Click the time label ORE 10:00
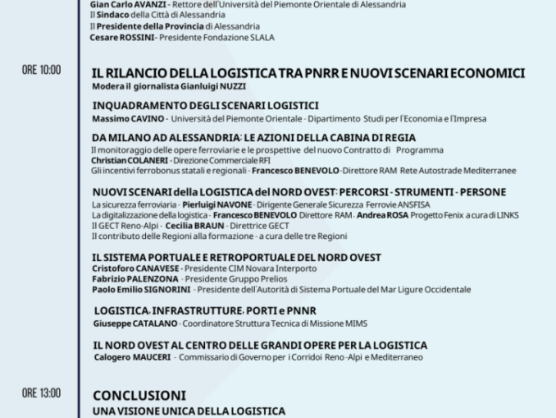click(x=41, y=71)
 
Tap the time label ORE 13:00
click(x=41, y=393)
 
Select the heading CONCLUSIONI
click(x=139, y=394)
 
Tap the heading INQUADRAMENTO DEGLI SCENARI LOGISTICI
click(x=205, y=105)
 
